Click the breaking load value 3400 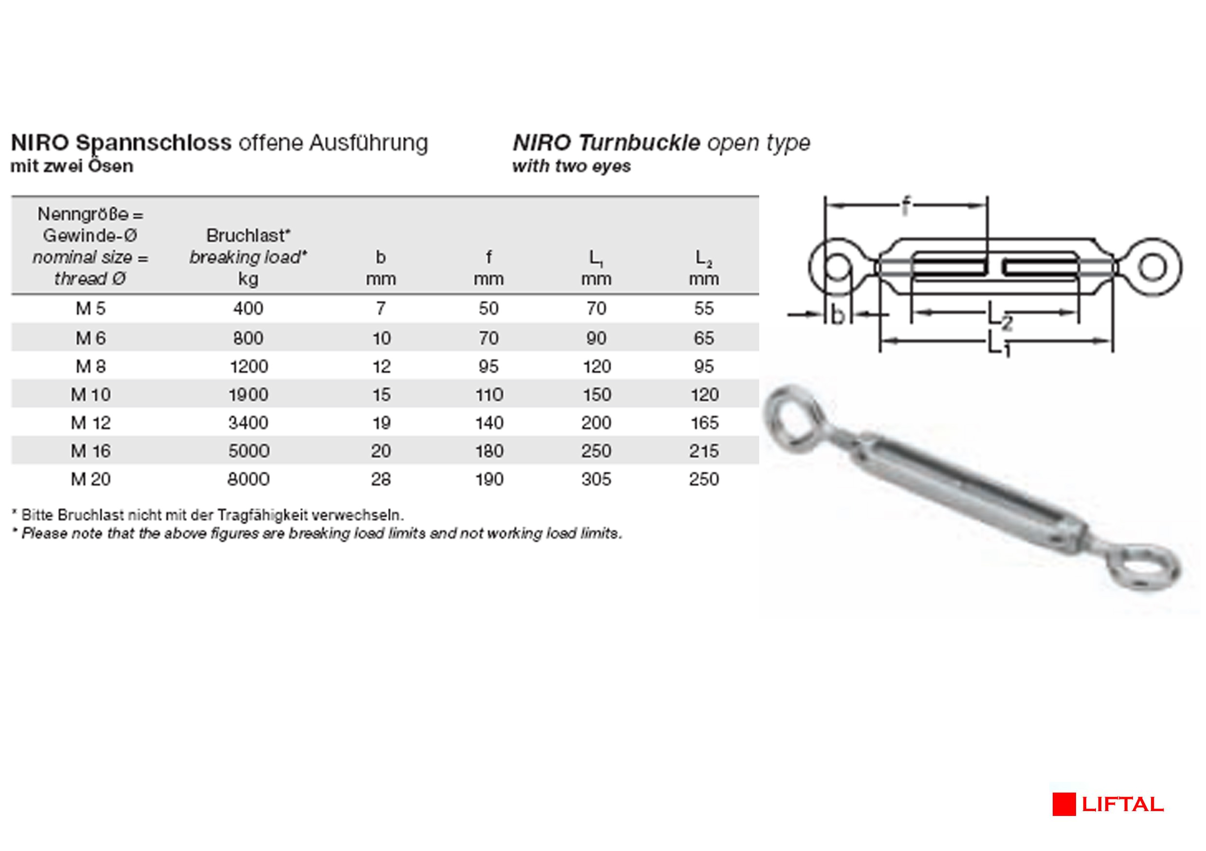tap(248, 423)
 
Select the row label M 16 tap(91, 451)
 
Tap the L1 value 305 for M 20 tap(596, 479)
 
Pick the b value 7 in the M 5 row tap(381, 308)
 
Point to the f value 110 tap(489, 394)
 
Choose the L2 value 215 tap(704, 451)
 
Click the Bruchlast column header tap(248, 235)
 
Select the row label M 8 tap(91, 366)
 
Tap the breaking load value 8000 tap(248, 479)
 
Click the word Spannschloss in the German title tap(153, 143)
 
